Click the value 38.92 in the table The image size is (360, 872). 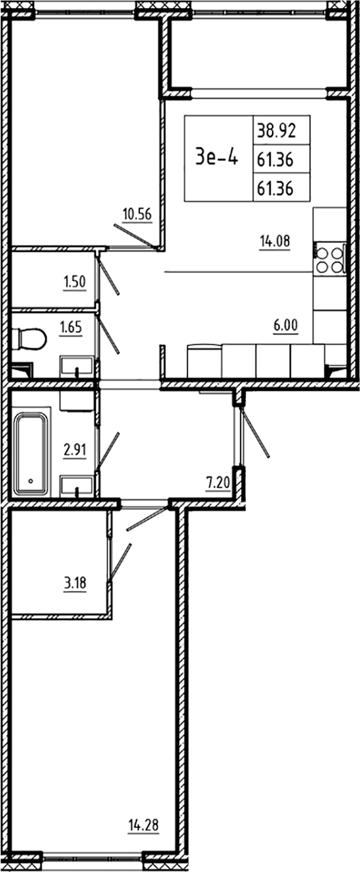[x=275, y=131]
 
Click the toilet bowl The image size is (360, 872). [x=31, y=339]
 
